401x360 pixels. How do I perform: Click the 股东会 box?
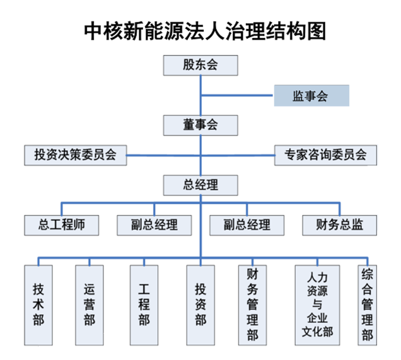point(200,65)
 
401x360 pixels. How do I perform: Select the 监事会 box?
point(311,96)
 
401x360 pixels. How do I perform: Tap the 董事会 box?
point(200,125)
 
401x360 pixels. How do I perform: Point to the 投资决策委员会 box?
point(76,155)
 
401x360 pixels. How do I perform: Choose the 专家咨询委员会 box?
point(325,155)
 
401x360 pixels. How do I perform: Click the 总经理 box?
point(200,185)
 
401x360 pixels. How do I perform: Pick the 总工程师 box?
point(61,225)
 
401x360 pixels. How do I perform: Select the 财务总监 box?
point(340,225)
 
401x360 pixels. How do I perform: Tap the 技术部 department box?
point(38,305)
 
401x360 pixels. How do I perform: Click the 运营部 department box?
point(90,305)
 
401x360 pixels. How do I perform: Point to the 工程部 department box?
point(144,305)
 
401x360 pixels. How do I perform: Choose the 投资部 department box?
point(200,305)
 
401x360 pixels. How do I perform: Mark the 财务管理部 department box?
point(252,305)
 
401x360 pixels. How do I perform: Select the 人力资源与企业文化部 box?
point(317,305)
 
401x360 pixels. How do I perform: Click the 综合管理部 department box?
point(367,305)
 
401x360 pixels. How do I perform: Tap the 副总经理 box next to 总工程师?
point(154,225)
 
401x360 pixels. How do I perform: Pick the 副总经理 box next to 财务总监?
point(247,225)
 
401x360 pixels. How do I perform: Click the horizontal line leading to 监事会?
point(237,96)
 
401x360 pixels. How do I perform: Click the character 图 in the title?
point(317,31)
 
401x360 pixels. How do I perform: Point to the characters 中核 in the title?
point(104,31)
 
